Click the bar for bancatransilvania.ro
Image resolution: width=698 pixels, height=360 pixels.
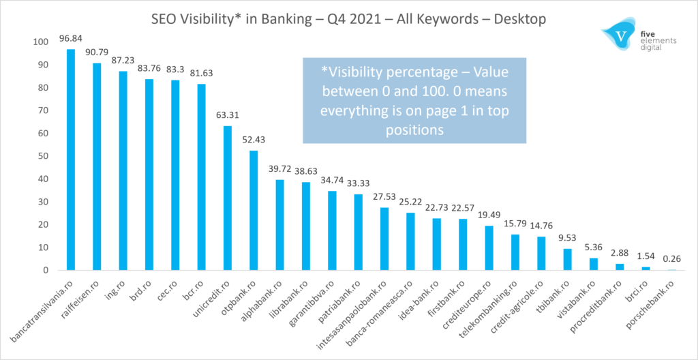click(71, 160)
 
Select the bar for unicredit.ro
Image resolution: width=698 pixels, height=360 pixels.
click(228, 198)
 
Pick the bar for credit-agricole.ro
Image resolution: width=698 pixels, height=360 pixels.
click(541, 253)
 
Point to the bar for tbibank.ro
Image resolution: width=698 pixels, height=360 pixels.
click(567, 259)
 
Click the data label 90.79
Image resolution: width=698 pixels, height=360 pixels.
click(96, 51)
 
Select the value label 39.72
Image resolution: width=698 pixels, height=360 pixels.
click(279, 168)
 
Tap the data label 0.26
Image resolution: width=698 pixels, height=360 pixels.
click(673, 258)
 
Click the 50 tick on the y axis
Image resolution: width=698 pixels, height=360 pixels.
click(42, 156)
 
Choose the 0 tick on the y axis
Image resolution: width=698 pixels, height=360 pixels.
click(44, 270)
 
